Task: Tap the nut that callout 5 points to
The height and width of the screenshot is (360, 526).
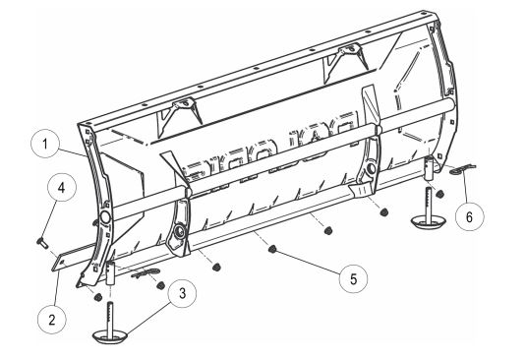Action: pyautogui.click(x=268, y=253)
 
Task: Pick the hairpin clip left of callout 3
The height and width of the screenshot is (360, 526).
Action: pyautogui.click(x=144, y=278)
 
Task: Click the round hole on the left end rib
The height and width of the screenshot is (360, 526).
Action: pyautogui.click(x=102, y=216)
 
